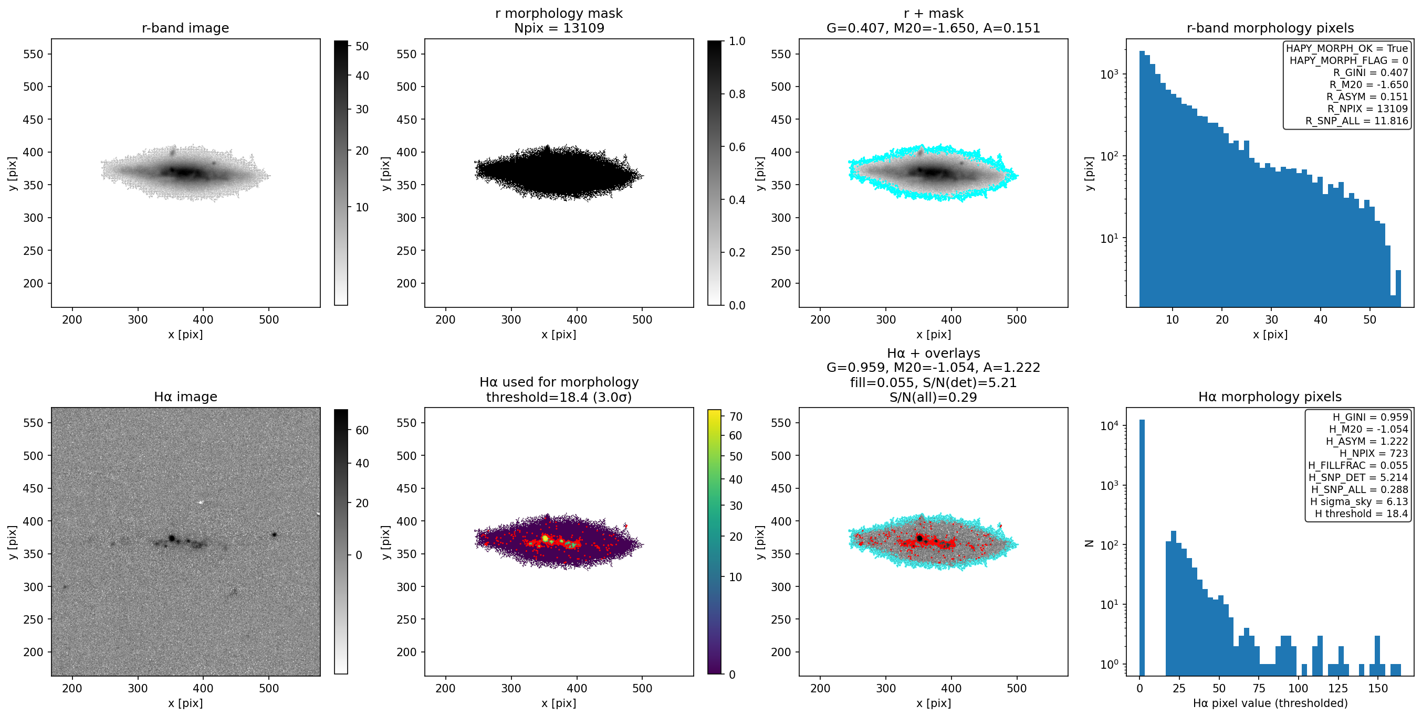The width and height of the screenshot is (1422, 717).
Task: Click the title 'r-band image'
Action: [x=185, y=28]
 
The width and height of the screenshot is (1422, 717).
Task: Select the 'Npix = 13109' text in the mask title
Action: [x=559, y=28]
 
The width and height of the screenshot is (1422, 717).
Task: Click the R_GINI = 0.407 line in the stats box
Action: [x=1371, y=73]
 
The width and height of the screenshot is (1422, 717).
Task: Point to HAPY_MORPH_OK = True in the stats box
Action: [x=1347, y=49]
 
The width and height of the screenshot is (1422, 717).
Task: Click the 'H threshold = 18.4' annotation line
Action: [x=1361, y=514]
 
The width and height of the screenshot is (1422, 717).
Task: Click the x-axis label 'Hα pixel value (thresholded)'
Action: [x=1270, y=703]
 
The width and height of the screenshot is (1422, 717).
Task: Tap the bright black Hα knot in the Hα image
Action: [x=172, y=538]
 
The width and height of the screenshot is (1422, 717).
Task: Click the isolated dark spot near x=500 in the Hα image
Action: [x=274, y=534]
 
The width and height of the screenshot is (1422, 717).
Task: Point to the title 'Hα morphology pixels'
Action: [x=1270, y=397]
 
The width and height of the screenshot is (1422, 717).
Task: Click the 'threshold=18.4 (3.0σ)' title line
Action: [x=559, y=397]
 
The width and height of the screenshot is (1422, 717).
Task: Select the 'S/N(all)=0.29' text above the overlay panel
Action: [x=933, y=397]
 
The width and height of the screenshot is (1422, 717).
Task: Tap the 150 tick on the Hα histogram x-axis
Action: [x=1378, y=688]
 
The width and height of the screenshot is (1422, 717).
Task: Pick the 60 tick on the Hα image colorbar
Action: [x=362, y=431]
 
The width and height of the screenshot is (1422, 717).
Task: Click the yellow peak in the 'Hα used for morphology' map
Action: [x=545, y=538]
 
